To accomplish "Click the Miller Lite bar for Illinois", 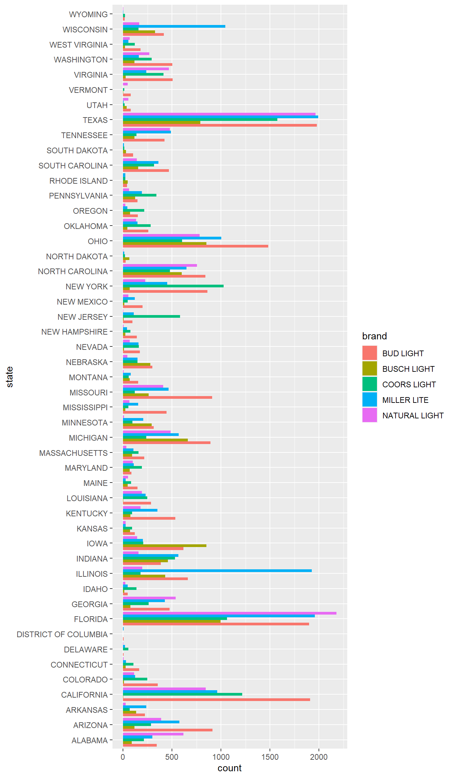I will point(217,571).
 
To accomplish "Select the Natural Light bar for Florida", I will point(230,613).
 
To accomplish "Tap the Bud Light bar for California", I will point(216,699).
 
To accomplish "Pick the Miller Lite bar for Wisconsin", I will point(174,26).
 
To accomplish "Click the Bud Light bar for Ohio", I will point(195,246).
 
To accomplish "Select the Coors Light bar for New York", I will point(173,286).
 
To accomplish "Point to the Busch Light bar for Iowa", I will point(165,545).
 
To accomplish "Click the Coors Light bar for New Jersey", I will point(151,316).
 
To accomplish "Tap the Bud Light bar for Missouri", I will point(167,397).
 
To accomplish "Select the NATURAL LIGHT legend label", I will point(413,415).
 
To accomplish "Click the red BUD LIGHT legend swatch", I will point(369,353).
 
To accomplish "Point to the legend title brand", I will point(374,336).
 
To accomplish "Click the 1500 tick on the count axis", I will point(270,757).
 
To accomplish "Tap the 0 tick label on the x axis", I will point(123,757).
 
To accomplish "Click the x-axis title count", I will point(229,768).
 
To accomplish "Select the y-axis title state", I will point(10,377).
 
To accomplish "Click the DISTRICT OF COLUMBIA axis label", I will point(62,634).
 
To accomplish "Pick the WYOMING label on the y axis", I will point(88,14).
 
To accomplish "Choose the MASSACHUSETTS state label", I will point(73,453).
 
